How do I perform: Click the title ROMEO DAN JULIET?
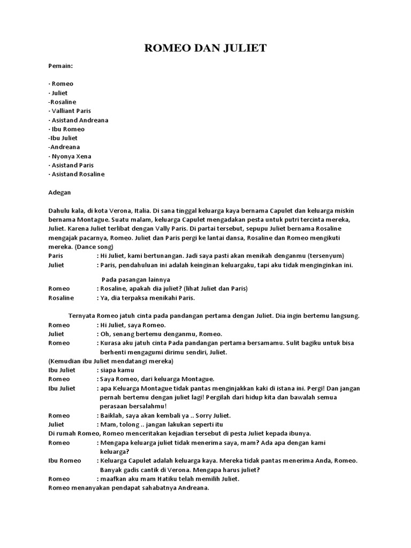pos(205,49)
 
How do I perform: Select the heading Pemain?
pos(60,66)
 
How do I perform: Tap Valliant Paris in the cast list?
pos(70,111)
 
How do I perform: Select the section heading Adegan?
pos(59,192)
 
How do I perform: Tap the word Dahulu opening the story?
pos(59,210)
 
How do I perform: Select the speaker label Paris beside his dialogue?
pos(56,256)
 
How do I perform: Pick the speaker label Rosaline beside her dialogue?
pos(61,298)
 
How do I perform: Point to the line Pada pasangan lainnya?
pos(135,279)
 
